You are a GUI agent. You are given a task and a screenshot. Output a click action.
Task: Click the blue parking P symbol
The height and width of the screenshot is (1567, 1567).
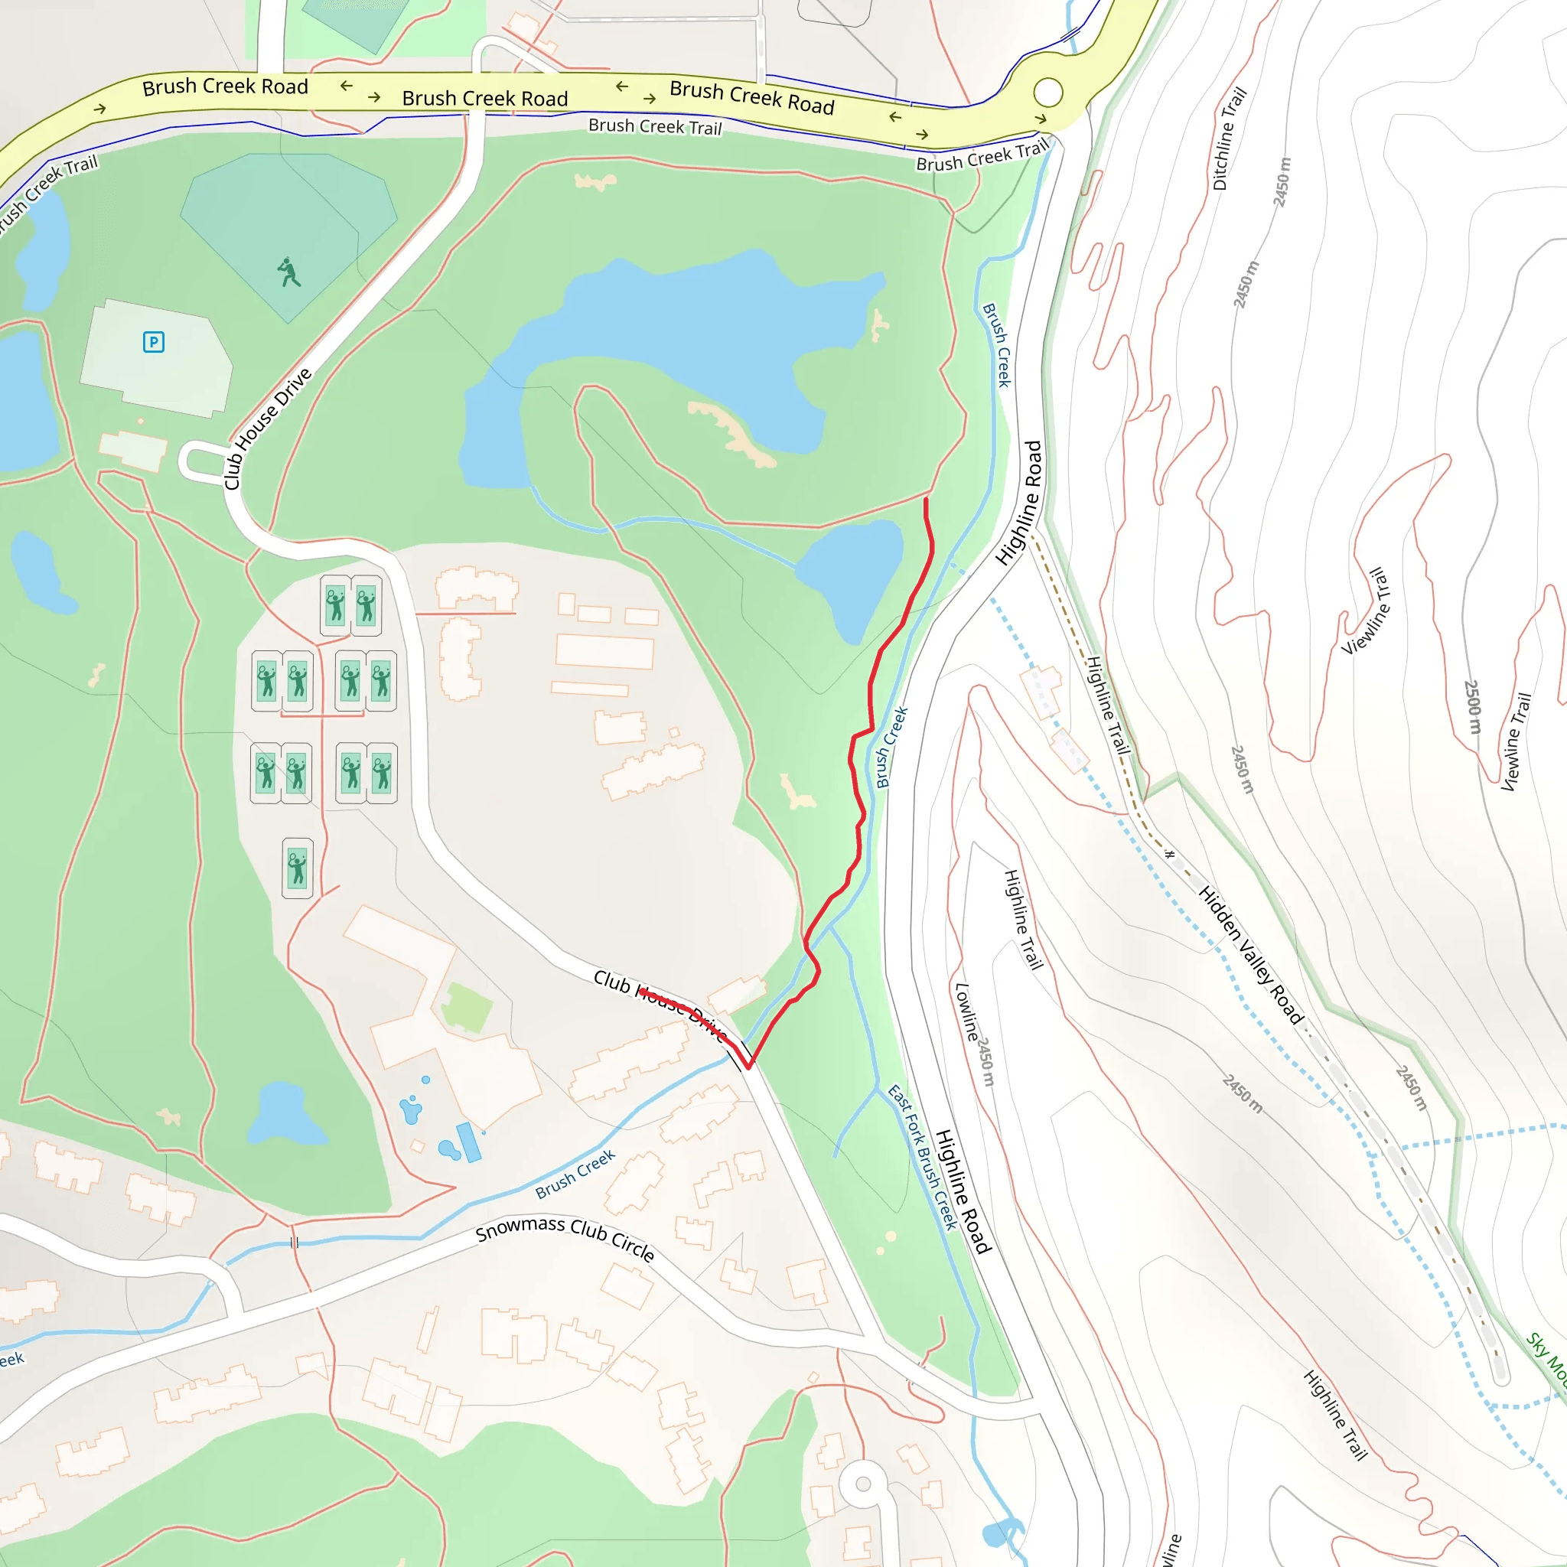[x=153, y=342]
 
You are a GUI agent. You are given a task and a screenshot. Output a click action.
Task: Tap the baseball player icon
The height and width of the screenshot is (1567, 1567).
[x=288, y=272]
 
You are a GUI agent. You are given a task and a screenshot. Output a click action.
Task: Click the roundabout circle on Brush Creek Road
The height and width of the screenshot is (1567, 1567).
[x=1048, y=93]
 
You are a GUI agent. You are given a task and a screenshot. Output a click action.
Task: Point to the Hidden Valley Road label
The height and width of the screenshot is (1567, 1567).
[x=1250, y=956]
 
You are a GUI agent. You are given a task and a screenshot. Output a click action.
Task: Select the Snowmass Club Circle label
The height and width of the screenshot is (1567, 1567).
[x=565, y=1239]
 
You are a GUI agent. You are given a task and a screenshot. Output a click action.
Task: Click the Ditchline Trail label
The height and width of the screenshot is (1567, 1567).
[x=1229, y=138]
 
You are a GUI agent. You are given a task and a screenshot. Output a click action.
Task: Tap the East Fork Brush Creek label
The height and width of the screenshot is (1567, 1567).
[x=923, y=1157]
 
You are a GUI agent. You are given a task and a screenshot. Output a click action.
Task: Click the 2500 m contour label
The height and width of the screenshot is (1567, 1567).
[x=1472, y=706]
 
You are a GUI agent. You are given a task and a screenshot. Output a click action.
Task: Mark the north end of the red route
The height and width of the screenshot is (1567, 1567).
[x=926, y=500]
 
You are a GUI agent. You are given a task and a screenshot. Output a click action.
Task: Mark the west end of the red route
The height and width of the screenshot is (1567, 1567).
[x=640, y=990]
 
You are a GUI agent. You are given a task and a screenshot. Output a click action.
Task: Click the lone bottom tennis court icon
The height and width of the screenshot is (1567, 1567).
[x=298, y=868]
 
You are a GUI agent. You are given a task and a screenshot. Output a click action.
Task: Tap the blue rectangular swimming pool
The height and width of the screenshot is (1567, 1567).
[x=468, y=1142]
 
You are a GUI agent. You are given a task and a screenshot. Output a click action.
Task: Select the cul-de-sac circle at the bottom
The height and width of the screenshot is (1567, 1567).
[x=863, y=1484]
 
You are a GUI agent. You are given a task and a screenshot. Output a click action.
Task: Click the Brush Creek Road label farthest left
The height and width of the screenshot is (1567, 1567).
[x=225, y=86]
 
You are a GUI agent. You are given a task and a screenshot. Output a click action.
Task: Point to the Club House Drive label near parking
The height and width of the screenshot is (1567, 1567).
[x=268, y=428]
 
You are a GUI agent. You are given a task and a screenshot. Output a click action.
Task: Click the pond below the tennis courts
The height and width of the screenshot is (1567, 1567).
[x=284, y=1116]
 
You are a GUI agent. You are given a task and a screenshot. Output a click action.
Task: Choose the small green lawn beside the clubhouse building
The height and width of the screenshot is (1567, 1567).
[x=467, y=1008]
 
